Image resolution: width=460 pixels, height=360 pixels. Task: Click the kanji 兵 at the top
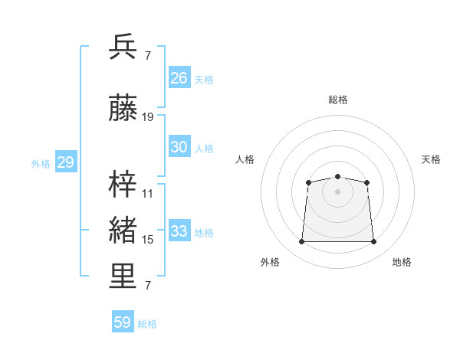[123, 47]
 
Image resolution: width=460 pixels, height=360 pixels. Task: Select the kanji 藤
[123, 107]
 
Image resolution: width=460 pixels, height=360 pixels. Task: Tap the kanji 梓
[123, 184]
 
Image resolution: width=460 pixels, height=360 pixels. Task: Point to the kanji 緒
[123, 230]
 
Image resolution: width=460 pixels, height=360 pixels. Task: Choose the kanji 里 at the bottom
[123, 276]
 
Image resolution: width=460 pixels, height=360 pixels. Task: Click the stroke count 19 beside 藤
[147, 117]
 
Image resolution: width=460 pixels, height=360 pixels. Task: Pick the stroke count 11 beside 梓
[147, 194]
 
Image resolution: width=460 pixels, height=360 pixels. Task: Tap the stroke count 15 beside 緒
[147, 240]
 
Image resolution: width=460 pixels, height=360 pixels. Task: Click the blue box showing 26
[179, 77]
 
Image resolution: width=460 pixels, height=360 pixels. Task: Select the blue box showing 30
[179, 146]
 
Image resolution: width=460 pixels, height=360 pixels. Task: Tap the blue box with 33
[179, 230]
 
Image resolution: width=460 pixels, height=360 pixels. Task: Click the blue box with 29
[66, 162]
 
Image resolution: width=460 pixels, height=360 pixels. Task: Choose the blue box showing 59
[123, 321]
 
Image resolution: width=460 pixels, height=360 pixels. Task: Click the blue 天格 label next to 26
[204, 80]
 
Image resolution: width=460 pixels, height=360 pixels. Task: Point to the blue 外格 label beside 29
[41, 164]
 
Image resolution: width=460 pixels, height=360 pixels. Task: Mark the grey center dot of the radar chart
[337, 191]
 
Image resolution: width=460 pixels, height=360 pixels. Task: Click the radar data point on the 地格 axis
[373, 241]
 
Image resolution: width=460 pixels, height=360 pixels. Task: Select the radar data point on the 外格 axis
[301, 241]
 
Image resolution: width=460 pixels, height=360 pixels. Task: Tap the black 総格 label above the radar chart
[338, 100]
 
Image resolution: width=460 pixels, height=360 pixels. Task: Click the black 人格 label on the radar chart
[245, 159]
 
